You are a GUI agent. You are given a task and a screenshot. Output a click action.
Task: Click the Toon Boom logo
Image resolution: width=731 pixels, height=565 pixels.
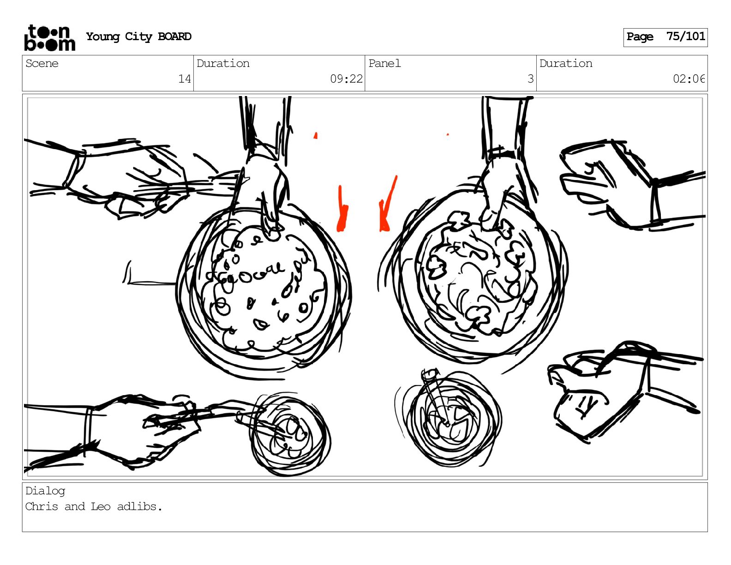tap(49, 38)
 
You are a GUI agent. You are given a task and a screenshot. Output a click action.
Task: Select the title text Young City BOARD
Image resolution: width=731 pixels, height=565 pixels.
tap(138, 36)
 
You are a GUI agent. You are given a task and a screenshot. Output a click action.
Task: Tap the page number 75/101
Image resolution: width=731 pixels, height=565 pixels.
tap(686, 36)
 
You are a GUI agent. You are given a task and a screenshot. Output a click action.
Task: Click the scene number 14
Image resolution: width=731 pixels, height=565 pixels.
tap(184, 79)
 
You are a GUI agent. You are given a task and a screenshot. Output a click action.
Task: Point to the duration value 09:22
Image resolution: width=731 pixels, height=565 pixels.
tap(346, 79)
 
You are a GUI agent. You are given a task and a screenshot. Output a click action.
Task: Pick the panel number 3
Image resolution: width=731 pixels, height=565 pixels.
tap(531, 79)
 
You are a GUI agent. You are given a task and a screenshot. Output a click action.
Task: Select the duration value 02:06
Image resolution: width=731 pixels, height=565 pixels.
tap(688, 79)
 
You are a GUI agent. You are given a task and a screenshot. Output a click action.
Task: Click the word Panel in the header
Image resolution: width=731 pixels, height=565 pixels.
tap(384, 63)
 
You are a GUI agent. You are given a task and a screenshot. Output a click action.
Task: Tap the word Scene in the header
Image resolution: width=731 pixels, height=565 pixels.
tap(42, 63)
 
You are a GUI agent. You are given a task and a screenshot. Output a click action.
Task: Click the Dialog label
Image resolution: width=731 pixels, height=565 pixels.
tap(45, 491)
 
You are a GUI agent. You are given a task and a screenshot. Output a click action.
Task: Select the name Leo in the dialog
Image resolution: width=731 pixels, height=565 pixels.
tap(101, 506)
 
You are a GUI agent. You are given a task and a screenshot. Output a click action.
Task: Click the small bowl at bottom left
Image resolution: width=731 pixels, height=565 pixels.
tap(290, 434)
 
